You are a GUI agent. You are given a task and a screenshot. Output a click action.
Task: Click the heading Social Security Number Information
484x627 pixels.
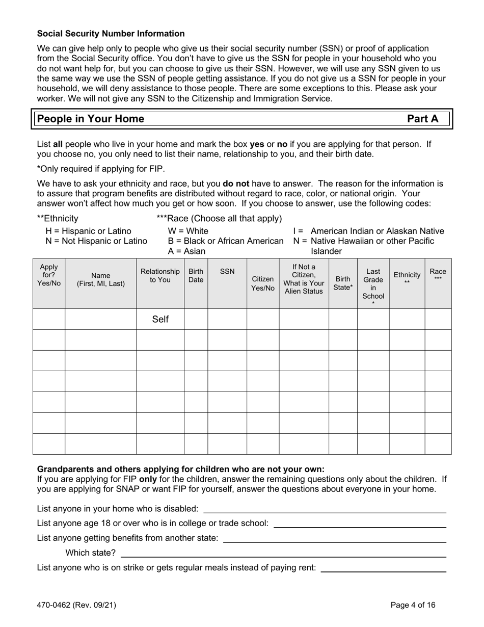[111, 34]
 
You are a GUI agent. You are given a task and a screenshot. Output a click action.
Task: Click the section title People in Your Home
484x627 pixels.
[91, 119]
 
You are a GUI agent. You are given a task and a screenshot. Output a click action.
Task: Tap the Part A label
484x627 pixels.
[422, 119]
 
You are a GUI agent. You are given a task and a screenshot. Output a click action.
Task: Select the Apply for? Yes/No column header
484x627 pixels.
[49, 275]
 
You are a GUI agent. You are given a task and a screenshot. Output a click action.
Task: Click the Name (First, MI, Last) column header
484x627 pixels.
[100, 279]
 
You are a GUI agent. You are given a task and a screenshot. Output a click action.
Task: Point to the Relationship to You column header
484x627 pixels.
[160, 275]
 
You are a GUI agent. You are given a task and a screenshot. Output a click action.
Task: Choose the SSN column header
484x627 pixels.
[227, 271]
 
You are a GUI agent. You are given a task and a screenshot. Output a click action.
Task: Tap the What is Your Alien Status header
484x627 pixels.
[304, 279]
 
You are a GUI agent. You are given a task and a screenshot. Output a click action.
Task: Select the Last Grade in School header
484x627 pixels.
[373, 283]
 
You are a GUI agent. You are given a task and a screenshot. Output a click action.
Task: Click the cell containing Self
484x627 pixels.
[160, 320]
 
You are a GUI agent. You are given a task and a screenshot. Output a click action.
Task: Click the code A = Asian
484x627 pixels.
[186, 251]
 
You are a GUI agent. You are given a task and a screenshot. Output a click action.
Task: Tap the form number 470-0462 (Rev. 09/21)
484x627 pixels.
[76, 606]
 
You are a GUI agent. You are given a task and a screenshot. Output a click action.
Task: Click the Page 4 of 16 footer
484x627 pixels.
[413, 606]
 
